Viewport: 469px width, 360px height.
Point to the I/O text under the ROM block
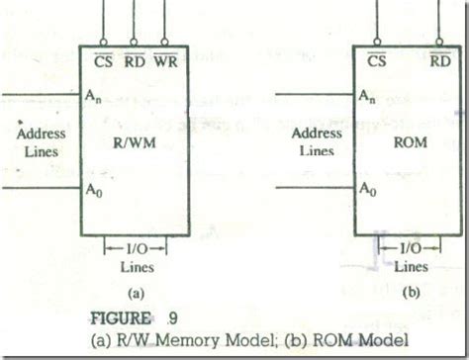[411, 249]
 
